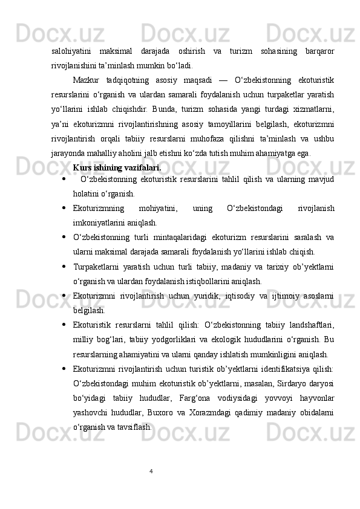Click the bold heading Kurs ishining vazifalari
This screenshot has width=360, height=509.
point(117,167)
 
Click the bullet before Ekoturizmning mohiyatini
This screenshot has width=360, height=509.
point(64,209)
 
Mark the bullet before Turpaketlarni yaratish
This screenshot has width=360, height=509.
point(64,267)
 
